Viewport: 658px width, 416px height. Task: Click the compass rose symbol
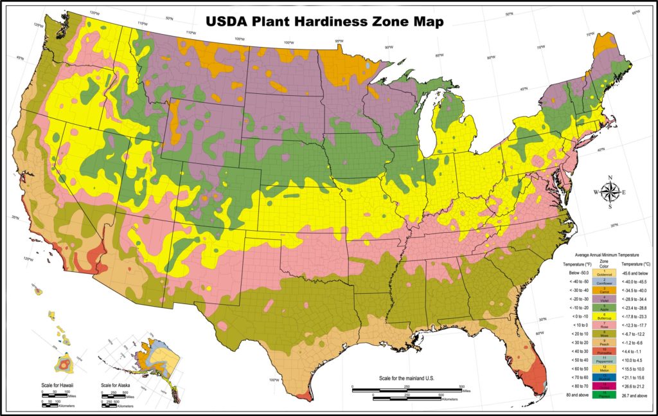tap(611, 191)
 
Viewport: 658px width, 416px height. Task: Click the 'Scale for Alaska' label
tap(118, 386)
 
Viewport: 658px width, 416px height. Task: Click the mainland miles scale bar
tap(406, 388)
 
